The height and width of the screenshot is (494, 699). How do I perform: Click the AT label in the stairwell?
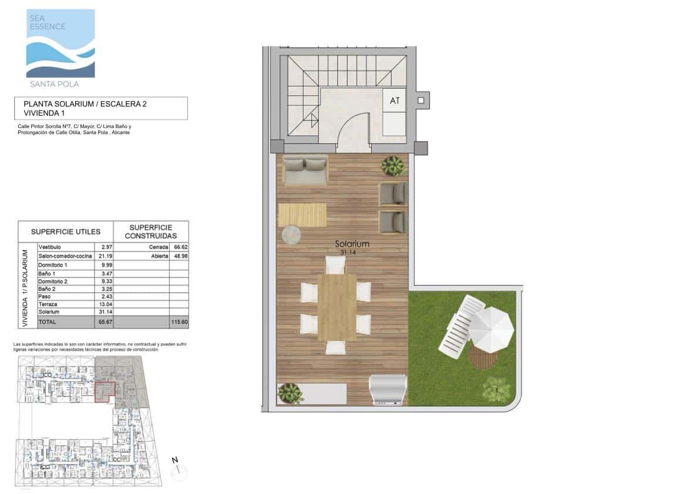point(395,101)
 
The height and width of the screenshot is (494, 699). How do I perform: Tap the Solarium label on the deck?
point(352,244)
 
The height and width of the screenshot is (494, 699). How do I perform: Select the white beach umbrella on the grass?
point(492,330)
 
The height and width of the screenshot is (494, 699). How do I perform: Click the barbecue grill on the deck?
point(388,390)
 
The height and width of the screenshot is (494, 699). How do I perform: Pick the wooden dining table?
point(337,307)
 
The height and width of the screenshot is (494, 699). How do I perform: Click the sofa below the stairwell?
point(305,170)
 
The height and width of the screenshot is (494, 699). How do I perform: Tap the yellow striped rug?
point(302,214)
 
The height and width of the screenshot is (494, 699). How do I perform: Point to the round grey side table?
point(291,236)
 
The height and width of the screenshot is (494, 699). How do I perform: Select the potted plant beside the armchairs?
point(393,166)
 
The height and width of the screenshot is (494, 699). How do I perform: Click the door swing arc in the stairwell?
point(351,127)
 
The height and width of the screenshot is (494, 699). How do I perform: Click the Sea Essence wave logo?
point(61,43)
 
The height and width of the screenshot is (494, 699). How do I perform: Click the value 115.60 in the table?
point(179,322)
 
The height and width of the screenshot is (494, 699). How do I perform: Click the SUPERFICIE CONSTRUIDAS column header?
point(150,231)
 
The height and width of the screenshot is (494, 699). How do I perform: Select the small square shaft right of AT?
point(421,100)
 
